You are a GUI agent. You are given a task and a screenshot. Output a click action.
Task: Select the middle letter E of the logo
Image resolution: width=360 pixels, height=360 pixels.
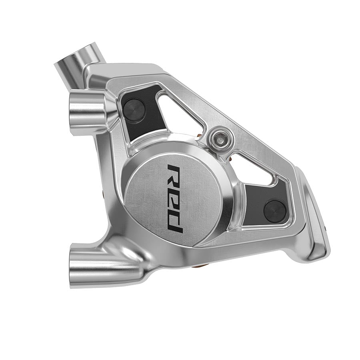point(175,197)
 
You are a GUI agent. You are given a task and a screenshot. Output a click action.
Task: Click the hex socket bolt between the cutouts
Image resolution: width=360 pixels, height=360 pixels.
point(218,138)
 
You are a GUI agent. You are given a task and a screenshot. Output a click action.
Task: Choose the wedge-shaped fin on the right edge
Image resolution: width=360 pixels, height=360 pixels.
point(316,224)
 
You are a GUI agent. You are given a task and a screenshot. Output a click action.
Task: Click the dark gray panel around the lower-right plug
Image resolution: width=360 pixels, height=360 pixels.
point(256,200)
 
